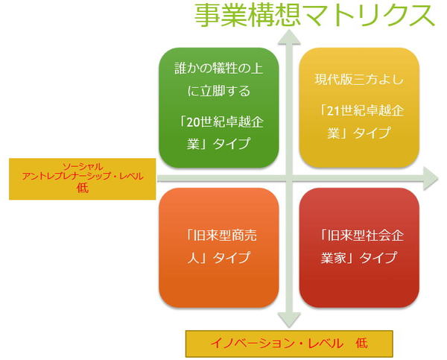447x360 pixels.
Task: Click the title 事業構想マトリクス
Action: tap(314, 16)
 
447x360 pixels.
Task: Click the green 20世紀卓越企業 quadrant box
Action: tap(218, 107)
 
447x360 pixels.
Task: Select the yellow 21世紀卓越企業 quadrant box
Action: tap(359, 107)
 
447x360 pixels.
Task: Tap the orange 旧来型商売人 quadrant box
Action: tap(218, 247)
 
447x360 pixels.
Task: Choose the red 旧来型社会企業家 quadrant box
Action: tap(359, 247)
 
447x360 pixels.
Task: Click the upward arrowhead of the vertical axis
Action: tap(289, 37)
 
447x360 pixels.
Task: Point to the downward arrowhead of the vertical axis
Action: tap(289, 320)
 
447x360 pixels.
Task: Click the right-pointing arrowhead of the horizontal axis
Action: tap(431, 179)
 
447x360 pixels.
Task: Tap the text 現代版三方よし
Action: tap(359, 79)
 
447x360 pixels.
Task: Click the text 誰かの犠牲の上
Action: tap(218, 69)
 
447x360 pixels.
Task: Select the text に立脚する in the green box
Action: tap(218, 91)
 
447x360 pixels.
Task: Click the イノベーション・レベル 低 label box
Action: tap(289, 344)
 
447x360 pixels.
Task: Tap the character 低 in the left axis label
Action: tap(83, 189)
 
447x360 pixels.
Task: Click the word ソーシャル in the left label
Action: tap(83, 166)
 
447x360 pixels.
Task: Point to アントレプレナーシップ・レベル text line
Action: tap(83, 177)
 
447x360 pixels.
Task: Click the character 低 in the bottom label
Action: tap(361, 344)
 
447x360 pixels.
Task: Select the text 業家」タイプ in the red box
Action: tap(358, 257)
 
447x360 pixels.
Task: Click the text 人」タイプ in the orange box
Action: tap(218, 257)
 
